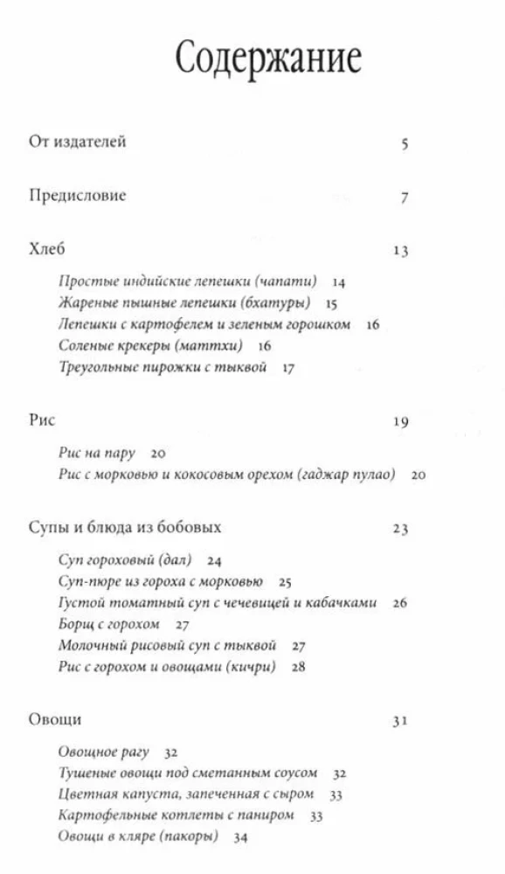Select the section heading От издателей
pyautogui.click(x=78, y=142)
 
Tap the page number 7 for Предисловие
pyautogui.click(x=405, y=198)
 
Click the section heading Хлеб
pyautogui.click(x=47, y=250)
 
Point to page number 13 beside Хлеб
pyautogui.click(x=401, y=252)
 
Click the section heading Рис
pyautogui.click(x=42, y=420)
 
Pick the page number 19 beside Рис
pyautogui.click(x=401, y=422)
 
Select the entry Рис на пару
pyautogui.click(x=98, y=453)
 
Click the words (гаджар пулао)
pyautogui.click(x=346, y=475)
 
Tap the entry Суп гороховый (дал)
pyautogui.click(x=125, y=560)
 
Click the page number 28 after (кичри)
pyautogui.click(x=299, y=668)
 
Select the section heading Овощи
pyautogui.click(x=55, y=719)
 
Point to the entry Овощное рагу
pyautogui.click(x=104, y=752)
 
